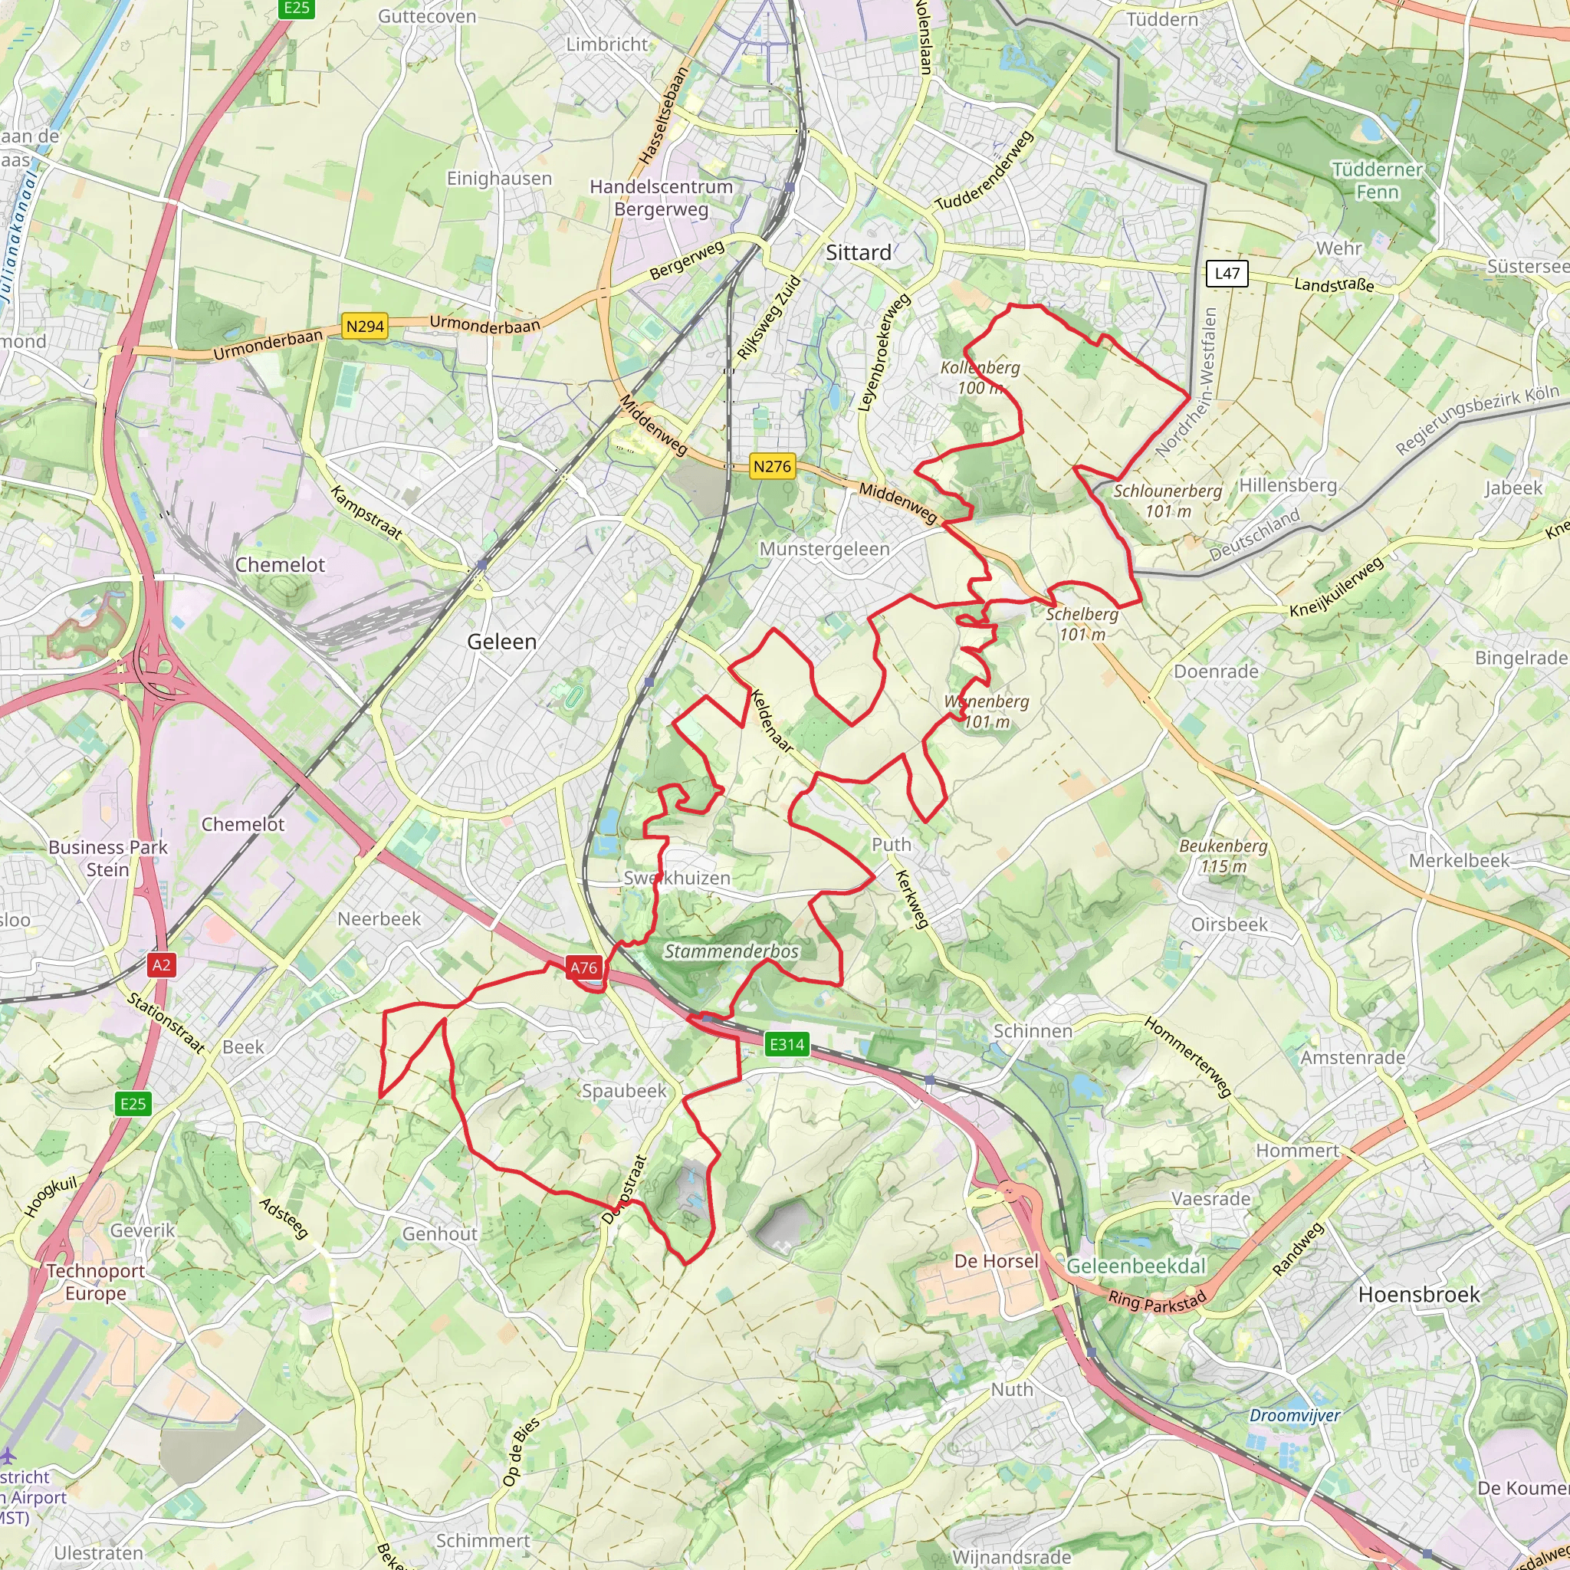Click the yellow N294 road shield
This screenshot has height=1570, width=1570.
click(x=365, y=326)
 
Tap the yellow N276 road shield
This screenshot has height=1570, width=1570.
click(x=771, y=466)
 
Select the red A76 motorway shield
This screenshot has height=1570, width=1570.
click(x=583, y=967)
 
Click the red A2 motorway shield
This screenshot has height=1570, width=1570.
click(x=161, y=964)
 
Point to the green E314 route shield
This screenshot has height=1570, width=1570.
click(x=787, y=1044)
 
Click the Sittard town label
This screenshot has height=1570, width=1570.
click(x=858, y=253)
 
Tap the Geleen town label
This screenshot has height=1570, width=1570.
click(x=501, y=642)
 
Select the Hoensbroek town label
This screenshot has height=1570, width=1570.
click(x=1419, y=1295)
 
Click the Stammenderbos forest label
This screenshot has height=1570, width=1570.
click(x=731, y=951)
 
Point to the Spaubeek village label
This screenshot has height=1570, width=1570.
click(x=623, y=1091)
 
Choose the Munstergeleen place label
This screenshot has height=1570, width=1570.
click(x=824, y=550)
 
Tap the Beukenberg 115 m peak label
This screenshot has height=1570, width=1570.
click(x=1223, y=856)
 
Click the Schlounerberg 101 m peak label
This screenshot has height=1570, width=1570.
click(x=1167, y=501)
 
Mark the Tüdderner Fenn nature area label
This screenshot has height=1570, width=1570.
click(x=1377, y=180)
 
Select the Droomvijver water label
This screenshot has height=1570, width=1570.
click(x=1295, y=1416)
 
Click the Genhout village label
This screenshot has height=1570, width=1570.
click(x=439, y=1233)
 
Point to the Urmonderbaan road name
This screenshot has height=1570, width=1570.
click(x=484, y=325)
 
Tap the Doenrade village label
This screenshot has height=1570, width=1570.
click(x=1216, y=672)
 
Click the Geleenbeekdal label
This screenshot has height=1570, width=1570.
click(x=1136, y=1266)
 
